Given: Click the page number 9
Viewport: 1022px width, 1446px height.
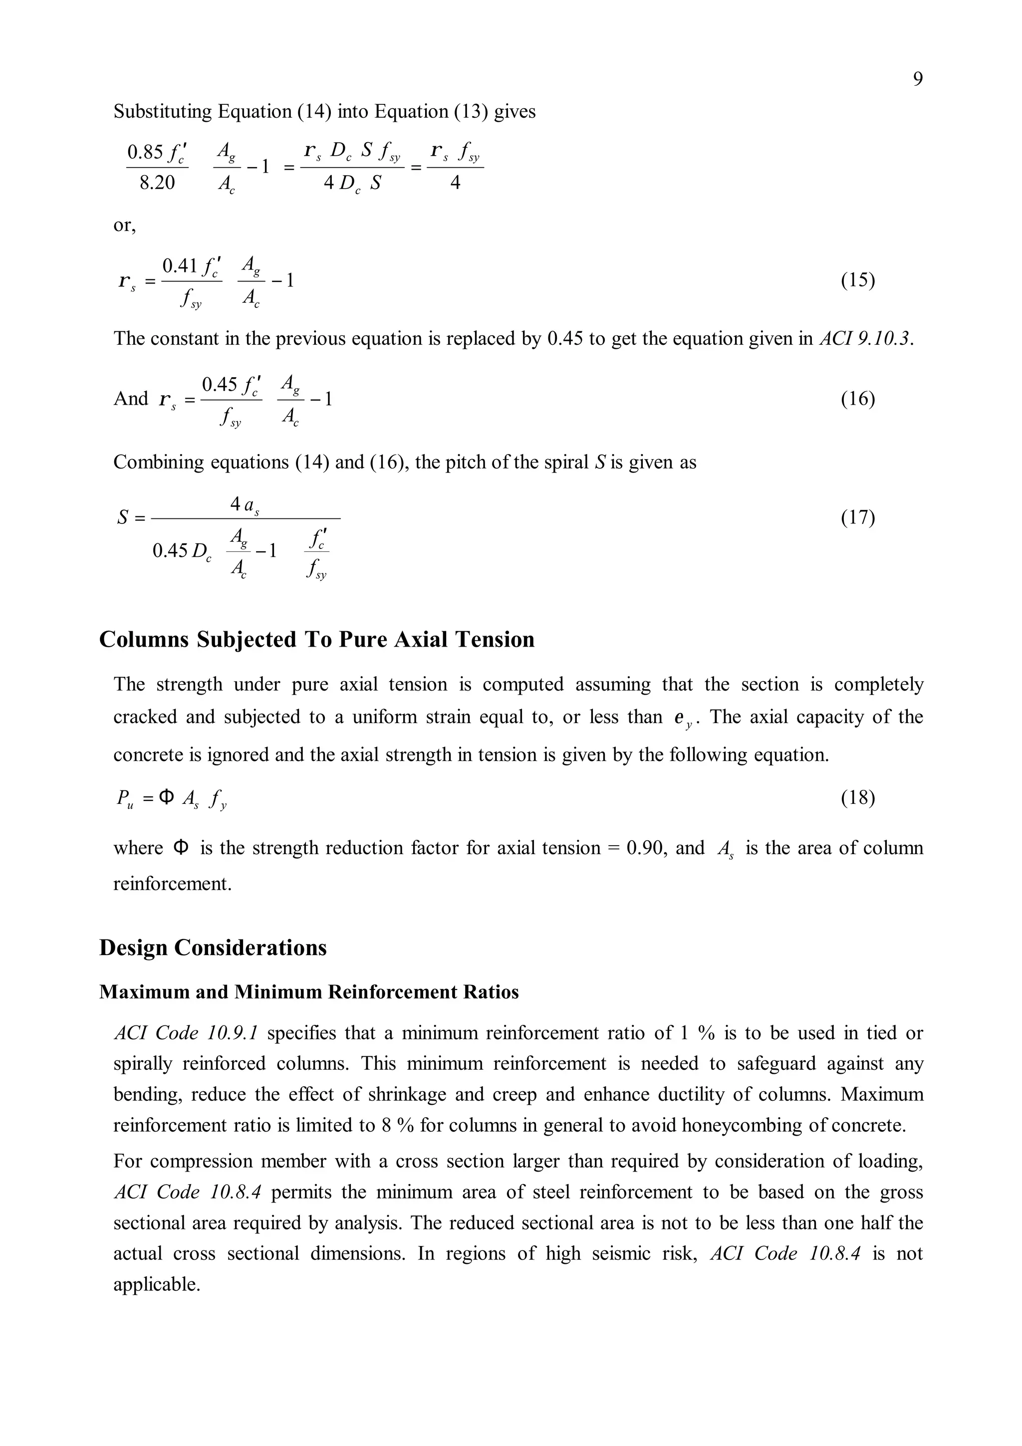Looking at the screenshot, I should tap(918, 79).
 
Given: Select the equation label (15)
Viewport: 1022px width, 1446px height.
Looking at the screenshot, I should tap(858, 279).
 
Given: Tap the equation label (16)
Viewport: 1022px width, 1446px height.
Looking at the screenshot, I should tap(858, 399).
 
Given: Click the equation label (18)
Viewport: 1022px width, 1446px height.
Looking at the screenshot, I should tap(858, 798).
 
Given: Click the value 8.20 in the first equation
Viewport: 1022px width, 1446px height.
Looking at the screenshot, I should tap(157, 183).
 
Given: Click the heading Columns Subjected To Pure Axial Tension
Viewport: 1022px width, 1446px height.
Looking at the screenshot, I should tap(317, 639).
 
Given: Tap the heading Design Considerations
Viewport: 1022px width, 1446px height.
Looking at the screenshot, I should tap(213, 948).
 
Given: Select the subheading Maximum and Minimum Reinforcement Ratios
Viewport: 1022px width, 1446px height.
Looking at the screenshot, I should tap(308, 992).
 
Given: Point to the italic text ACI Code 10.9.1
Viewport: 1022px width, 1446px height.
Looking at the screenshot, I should tap(187, 1033).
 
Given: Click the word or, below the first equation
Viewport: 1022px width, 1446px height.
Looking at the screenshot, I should tap(125, 226).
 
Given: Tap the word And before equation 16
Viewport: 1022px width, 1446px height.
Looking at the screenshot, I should tap(130, 399).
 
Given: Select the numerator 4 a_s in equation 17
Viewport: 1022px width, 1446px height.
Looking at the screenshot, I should tap(245, 504).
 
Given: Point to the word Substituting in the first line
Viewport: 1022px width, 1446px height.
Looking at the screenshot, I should tap(163, 112).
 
